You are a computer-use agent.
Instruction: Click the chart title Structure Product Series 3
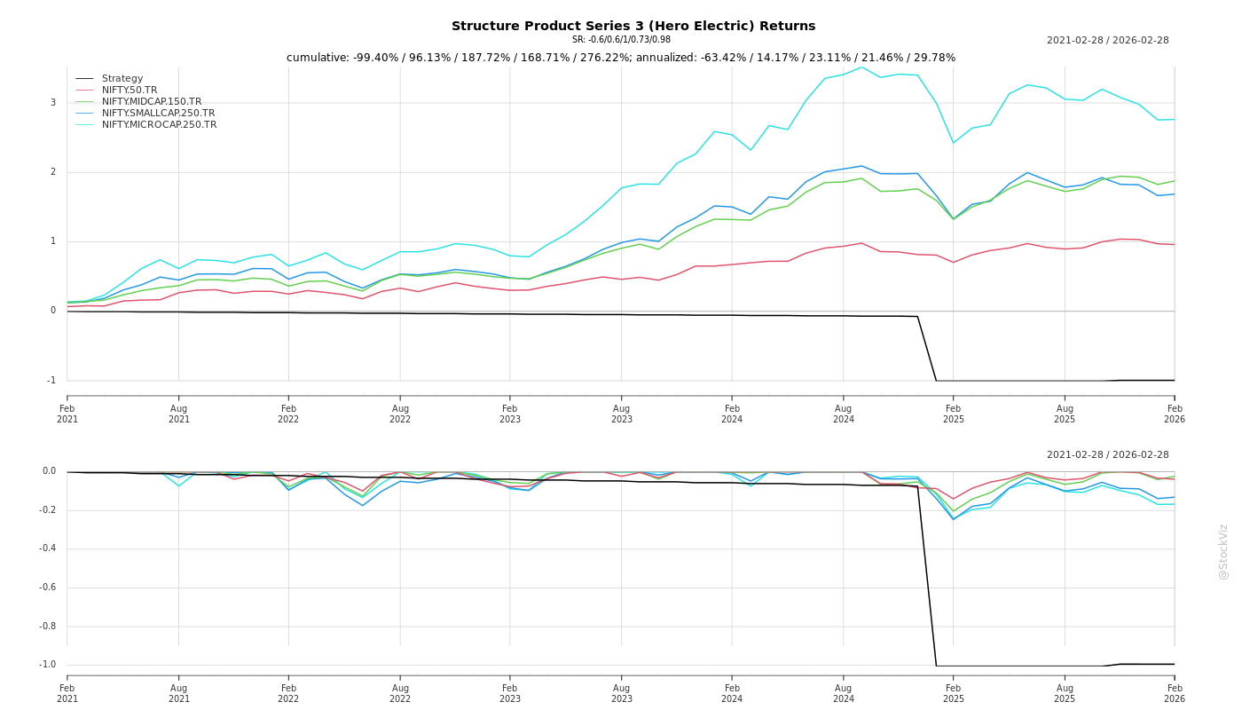(x=633, y=26)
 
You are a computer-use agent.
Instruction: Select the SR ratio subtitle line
(x=621, y=40)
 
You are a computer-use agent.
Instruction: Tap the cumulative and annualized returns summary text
(x=621, y=58)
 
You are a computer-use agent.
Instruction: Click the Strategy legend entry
(x=122, y=79)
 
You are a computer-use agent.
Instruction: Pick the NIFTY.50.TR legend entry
(x=130, y=91)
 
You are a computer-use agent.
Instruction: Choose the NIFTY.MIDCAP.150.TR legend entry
(x=152, y=102)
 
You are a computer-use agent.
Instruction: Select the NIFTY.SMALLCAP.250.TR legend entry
(x=158, y=114)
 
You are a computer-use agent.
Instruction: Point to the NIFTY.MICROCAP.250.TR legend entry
(x=159, y=125)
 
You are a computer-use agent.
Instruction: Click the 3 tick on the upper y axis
(x=52, y=103)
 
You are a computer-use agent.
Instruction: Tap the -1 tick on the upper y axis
(x=51, y=381)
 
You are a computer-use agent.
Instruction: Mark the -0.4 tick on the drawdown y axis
(x=47, y=548)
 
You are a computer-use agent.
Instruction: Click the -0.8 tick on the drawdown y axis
(x=47, y=627)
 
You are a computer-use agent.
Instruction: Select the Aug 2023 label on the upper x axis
(x=621, y=414)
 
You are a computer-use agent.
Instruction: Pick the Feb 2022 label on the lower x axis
(x=288, y=693)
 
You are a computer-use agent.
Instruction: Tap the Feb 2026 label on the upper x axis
(x=1175, y=414)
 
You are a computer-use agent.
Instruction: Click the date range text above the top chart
(x=1107, y=41)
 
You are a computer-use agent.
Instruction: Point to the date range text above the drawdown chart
(x=1107, y=455)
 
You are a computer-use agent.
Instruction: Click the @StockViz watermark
(x=1223, y=552)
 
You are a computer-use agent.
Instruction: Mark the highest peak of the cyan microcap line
(x=861, y=67)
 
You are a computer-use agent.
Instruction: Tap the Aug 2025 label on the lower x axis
(x=1065, y=693)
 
